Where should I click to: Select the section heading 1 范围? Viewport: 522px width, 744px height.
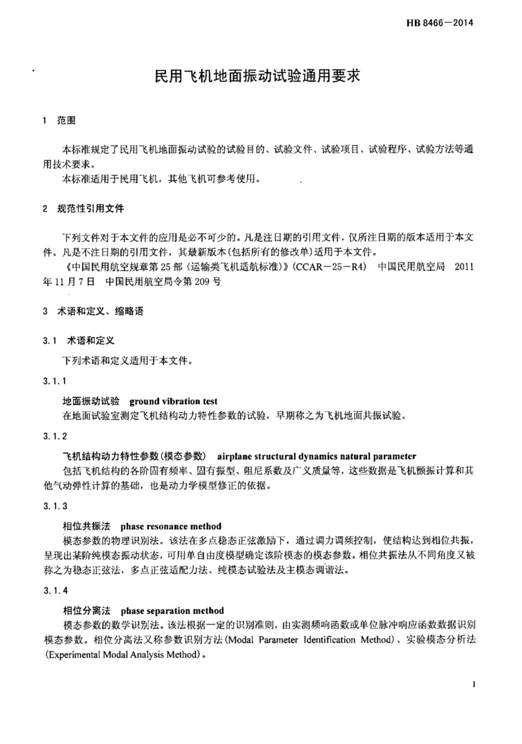pyautogui.click(x=59, y=121)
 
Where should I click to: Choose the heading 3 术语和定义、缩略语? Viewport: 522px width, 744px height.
pyautogui.click(x=93, y=311)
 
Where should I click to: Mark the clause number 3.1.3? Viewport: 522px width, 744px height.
pyautogui.click(x=55, y=506)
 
